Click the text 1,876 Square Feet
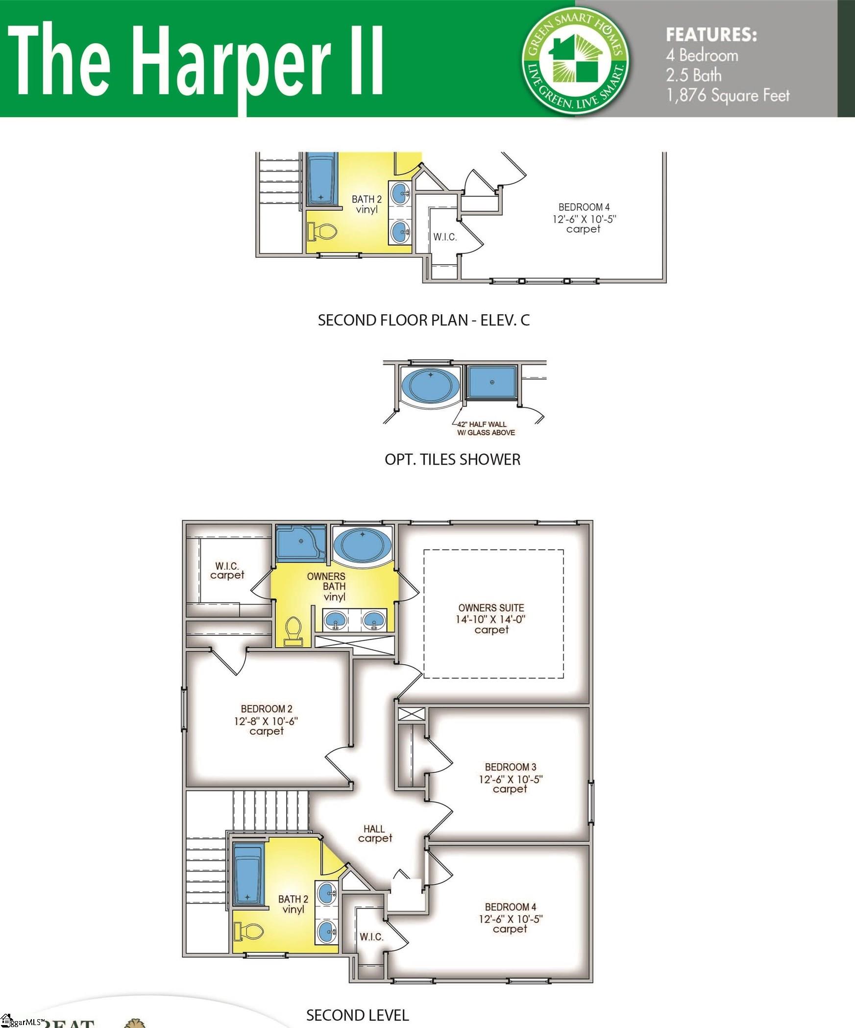click(x=728, y=95)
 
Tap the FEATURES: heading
click(x=711, y=35)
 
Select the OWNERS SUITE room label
click(x=491, y=608)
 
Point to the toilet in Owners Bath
click(x=293, y=631)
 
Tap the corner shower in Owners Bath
click(x=300, y=543)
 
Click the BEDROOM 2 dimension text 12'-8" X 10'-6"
click(x=266, y=721)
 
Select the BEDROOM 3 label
click(x=510, y=767)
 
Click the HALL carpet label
click(x=374, y=833)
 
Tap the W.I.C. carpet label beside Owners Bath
click(x=227, y=571)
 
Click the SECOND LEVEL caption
click(x=357, y=1015)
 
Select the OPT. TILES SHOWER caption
click(x=452, y=460)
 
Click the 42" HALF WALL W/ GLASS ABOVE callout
click(x=486, y=428)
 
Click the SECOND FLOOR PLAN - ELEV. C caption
click(x=424, y=321)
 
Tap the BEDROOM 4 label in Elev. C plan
click(x=584, y=207)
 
